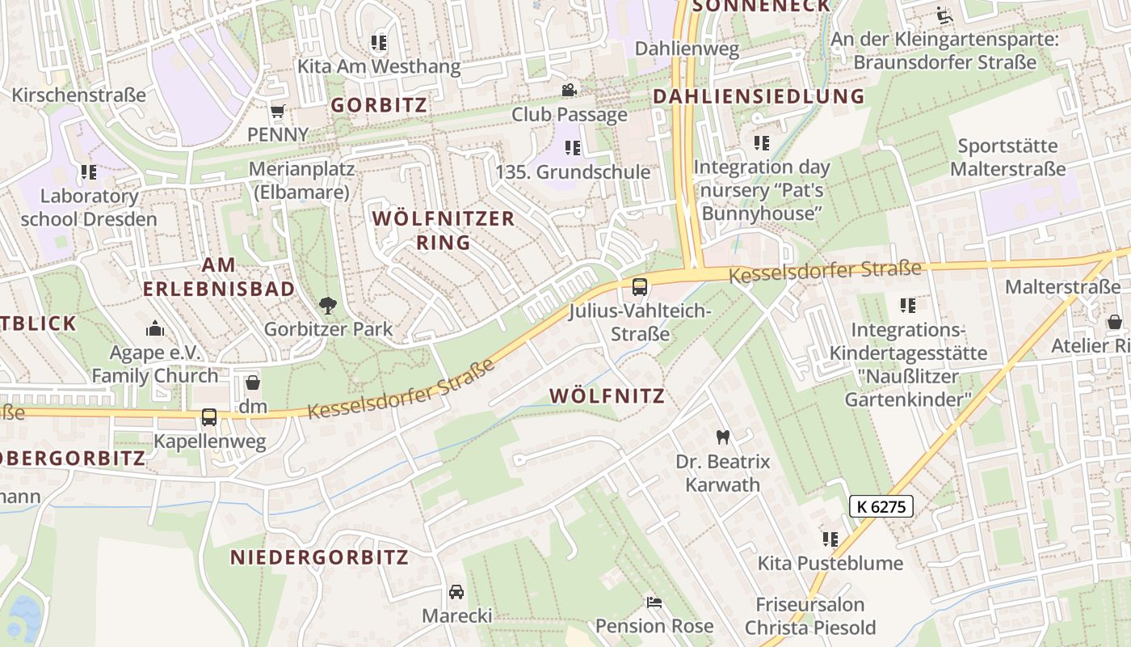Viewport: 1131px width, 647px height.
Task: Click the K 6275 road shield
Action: (x=881, y=507)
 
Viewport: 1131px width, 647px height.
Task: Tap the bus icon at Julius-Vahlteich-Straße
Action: (x=639, y=286)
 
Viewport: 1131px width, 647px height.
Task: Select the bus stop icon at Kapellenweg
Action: (x=209, y=417)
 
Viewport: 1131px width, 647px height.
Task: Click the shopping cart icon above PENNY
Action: (x=278, y=111)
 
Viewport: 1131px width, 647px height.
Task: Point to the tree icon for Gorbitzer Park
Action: (x=328, y=306)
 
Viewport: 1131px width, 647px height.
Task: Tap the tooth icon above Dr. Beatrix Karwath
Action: (x=723, y=438)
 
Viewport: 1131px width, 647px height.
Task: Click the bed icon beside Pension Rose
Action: (x=654, y=603)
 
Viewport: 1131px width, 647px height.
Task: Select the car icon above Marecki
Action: (x=456, y=592)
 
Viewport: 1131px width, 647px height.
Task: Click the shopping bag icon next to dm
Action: (x=253, y=383)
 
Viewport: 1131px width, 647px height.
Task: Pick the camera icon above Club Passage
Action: (x=570, y=90)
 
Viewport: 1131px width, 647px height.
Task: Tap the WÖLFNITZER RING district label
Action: (x=443, y=230)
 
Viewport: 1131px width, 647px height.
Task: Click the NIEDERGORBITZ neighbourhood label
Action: (x=319, y=557)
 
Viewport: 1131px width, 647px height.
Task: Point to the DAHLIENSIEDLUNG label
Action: (x=758, y=96)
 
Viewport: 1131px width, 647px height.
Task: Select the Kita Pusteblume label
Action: (x=830, y=563)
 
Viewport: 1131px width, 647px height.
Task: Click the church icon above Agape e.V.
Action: (x=154, y=328)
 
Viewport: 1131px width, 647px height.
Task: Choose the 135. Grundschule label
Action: (x=572, y=172)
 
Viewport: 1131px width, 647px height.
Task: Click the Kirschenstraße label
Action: (x=78, y=95)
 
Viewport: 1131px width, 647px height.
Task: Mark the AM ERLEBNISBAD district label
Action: (x=218, y=277)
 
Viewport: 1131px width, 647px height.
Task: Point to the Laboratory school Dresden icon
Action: (x=89, y=172)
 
